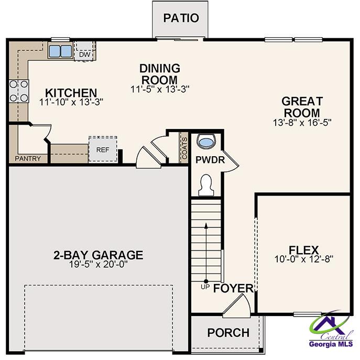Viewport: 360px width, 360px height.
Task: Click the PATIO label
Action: [x=181, y=18]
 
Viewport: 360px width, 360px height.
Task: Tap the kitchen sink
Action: [x=60, y=51]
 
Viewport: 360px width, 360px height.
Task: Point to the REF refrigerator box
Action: [x=102, y=149]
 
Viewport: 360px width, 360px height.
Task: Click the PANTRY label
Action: [x=28, y=158]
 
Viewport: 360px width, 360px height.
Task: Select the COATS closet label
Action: [x=184, y=146]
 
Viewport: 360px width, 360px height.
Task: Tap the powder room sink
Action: [x=208, y=141]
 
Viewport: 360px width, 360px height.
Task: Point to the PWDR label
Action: [x=210, y=160]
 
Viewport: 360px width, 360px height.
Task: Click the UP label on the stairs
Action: [x=205, y=286]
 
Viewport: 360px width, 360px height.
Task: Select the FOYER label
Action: [x=233, y=289]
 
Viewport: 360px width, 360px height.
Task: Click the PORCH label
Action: [x=228, y=333]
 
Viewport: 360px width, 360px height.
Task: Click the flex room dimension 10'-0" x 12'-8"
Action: [x=304, y=258]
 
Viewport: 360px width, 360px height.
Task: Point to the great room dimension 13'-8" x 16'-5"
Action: [x=302, y=122]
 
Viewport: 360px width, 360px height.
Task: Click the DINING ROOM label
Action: [x=159, y=73]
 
